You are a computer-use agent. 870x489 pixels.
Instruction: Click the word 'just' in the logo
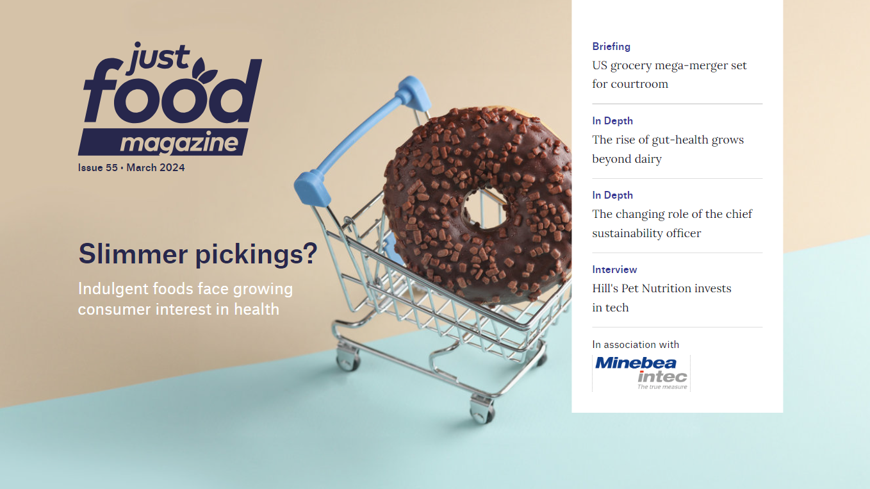pos(158,58)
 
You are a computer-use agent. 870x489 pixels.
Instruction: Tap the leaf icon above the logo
pos(204,69)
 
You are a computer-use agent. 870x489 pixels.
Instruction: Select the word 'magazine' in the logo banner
pos(179,142)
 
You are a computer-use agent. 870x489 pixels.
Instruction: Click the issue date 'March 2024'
pos(155,167)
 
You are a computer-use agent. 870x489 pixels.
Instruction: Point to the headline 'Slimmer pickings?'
pos(198,254)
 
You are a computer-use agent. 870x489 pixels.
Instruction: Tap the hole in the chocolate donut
pos(485,209)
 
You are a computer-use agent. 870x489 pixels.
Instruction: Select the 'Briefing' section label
pos(611,47)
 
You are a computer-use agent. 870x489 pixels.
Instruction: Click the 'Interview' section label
pos(614,269)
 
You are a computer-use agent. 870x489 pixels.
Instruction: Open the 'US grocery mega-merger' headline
pos(669,74)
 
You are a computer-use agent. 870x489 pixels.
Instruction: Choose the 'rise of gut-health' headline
pos(668,149)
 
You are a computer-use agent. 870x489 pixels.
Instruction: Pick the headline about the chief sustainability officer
pos(672,223)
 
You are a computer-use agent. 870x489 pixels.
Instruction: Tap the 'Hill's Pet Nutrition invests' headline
pos(661,297)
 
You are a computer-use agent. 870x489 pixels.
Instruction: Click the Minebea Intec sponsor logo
pos(641,373)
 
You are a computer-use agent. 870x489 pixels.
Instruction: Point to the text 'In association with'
pos(636,345)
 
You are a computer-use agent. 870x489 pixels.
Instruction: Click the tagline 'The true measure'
pos(662,387)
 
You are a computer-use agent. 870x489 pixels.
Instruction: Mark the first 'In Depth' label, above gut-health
pos(612,120)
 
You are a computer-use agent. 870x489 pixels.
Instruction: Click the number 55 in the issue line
pos(111,167)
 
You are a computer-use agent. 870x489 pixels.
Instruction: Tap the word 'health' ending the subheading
pos(256,309)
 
